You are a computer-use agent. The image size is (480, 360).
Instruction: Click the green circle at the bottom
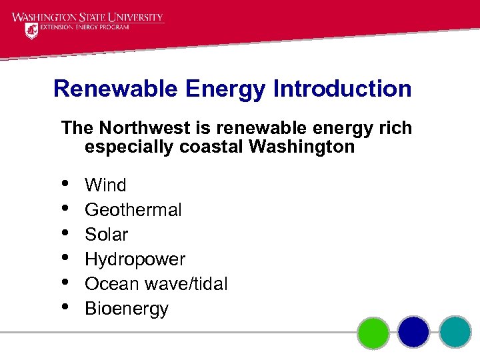pos(373,332)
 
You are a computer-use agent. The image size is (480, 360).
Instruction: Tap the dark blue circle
pos(414,332)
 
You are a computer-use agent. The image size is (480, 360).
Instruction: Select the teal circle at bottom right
pos(455,332)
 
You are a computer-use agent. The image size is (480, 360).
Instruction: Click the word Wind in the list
pos(105,185)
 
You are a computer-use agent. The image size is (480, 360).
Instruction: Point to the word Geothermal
pos(133,210)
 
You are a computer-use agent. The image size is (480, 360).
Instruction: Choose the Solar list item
pos(107,235)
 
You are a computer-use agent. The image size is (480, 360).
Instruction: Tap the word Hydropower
pos(135,259)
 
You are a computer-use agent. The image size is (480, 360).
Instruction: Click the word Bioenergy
pos(127,309)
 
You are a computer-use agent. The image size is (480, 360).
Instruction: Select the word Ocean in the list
pos(111,284)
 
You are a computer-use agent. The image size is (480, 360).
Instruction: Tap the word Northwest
pos(140,127)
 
